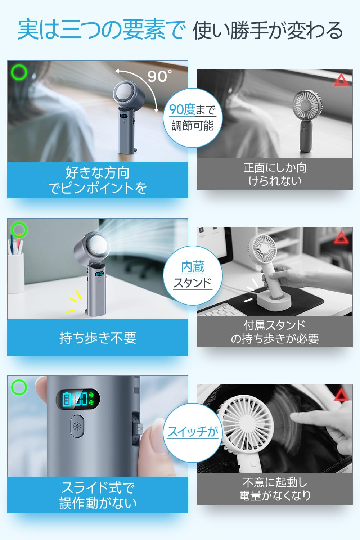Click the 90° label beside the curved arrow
(x=159, y=76)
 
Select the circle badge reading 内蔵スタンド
(x=193, y=275)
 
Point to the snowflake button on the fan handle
(x=77, y=426)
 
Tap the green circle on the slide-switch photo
(x=19, y=387)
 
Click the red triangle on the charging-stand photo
(x=341, y=238)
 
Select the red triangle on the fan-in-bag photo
(x=341, y=395)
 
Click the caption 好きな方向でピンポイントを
(x=98, y=180)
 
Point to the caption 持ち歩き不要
(x=98, y=338)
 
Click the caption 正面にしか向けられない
(x=275, y=174)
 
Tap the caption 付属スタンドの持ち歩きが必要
(x=275, y=332)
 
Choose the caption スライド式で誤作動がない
(x=98, y=495)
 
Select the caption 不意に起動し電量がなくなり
(x=275, y=489)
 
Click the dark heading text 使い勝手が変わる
(x=267, y=30)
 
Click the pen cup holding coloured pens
(x=15, y=273)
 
